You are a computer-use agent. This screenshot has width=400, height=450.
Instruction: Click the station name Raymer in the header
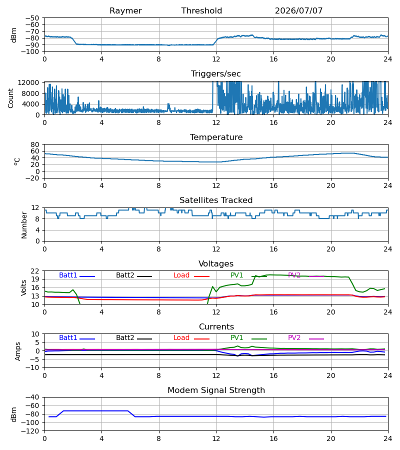[x=125, y=11]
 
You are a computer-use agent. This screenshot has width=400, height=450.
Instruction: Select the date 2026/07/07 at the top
[x=298, y=11]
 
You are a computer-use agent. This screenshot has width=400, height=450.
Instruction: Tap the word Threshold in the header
[x=201, y=11]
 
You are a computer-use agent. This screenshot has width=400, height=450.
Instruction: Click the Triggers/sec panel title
[x=216, y=74]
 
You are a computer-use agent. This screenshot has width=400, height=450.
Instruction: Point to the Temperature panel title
[x=216, y=137]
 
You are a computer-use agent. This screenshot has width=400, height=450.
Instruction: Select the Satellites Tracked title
[x=216, y=200]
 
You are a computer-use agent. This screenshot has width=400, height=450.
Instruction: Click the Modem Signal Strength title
[x=216, y=390]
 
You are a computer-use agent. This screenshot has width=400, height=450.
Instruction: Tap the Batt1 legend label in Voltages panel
[x=68, y=275]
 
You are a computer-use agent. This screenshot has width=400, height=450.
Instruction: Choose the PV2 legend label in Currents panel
[x=294, y=338]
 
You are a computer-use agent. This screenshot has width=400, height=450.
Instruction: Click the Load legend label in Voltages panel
[x=181, y=275]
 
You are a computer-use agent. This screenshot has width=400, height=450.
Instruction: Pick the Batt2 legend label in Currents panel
[x=125, y=338]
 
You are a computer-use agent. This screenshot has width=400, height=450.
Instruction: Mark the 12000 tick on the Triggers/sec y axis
[x=28, y=82]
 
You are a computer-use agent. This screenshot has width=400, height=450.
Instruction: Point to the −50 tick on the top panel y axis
[x=32, y=18]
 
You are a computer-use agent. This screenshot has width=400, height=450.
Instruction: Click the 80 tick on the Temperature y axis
[x=35, y=144]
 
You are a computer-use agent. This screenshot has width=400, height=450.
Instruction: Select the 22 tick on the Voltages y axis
[x=35, y=271]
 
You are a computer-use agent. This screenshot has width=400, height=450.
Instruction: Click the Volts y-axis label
[x=24, y=288]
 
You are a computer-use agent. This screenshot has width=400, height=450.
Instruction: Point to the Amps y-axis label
[x=18, y=351]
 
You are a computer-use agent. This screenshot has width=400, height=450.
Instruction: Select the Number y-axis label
[x=24, y=225]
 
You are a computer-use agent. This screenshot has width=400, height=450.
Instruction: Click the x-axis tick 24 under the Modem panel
[x=388, y=438]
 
